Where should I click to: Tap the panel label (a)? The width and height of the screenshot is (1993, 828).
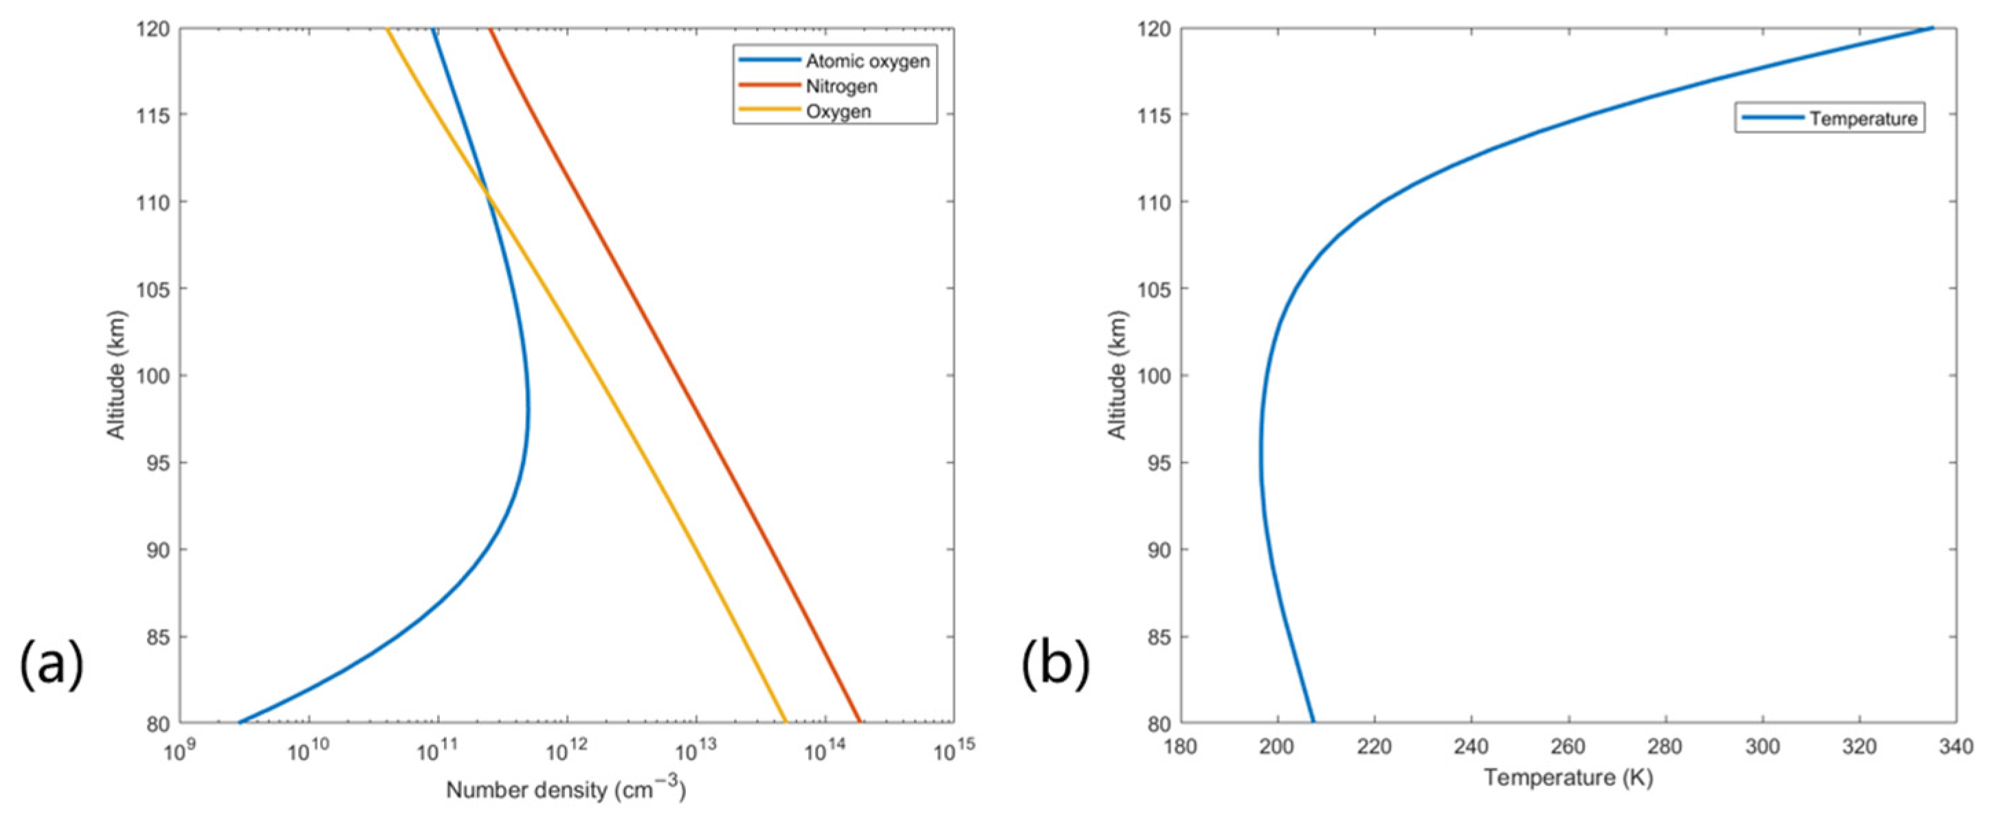tap(51, 664)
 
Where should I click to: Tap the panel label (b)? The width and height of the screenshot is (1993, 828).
tap(1056, 664)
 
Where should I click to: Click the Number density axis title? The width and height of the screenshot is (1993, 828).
tap(566, 790)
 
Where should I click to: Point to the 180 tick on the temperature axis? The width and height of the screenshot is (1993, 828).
tap(1181, 748)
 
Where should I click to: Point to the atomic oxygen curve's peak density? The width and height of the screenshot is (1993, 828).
tap(528, 417)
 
